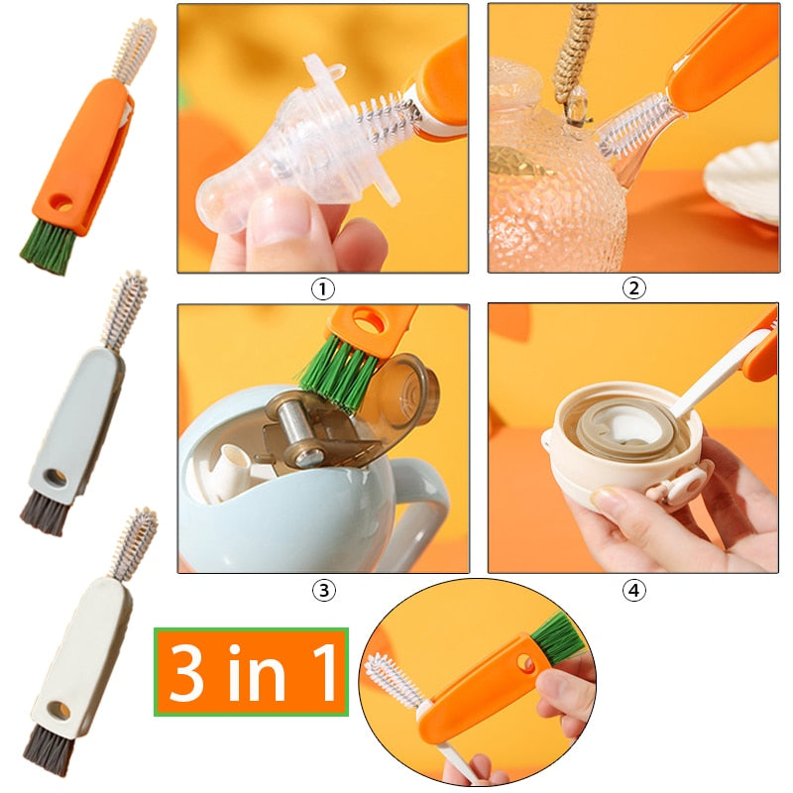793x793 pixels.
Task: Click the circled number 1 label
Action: pos(323,288)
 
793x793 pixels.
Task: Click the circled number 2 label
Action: pos(633,288)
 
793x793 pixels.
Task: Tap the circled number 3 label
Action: pos(323,591)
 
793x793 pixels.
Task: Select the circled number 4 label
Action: pos(633,591)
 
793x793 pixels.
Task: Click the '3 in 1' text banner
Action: pos(251,672)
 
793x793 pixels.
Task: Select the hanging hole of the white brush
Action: pos(61,710)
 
